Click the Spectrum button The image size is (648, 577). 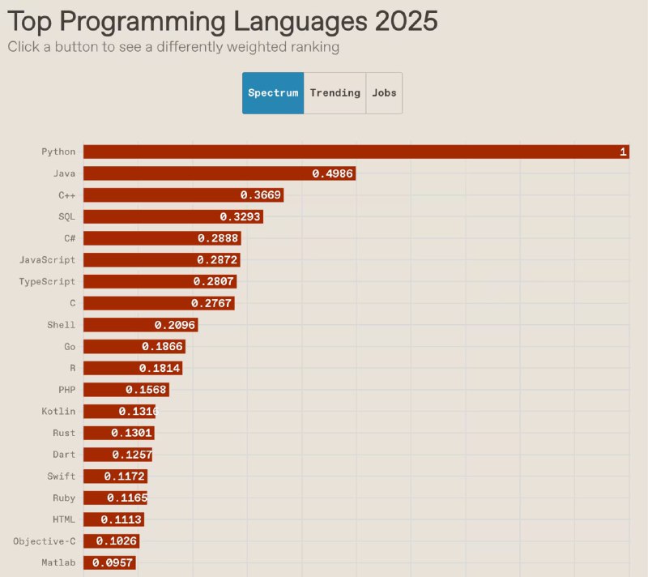pyautogui.click(x=273, y=93)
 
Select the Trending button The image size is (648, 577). pyautogui.click(x=335, y=93)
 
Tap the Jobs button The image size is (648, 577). pyautogui.click(x=384, y=93)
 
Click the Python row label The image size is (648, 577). pyautogui.click(x=58, y=152)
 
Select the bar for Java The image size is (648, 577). pyautogui.click(x=219, y=173)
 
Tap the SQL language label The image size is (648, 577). pyautogui.click(x=66, y=217)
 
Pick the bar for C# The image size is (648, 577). pyautogui.click(x=162, y=238)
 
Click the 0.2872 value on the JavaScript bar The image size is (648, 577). pyautogui.click(x=216, y=260)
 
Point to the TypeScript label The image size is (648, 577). pyautogui.click(x=47, y=282)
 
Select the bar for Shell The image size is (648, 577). pyautogui.click(x=140, y=325)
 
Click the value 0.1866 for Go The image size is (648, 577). pyautogui.click(x=162, y=347)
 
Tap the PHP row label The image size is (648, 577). pyautogui.click(x=66, y=390)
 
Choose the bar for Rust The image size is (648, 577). pyautogui.click(x=118, y=433)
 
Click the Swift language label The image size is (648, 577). pyautogui.click(x=61, y=477)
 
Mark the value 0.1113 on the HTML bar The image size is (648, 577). pyautogui.click(x=122, y=519)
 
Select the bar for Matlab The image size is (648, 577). pyautogui.click(x=109, y=562)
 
